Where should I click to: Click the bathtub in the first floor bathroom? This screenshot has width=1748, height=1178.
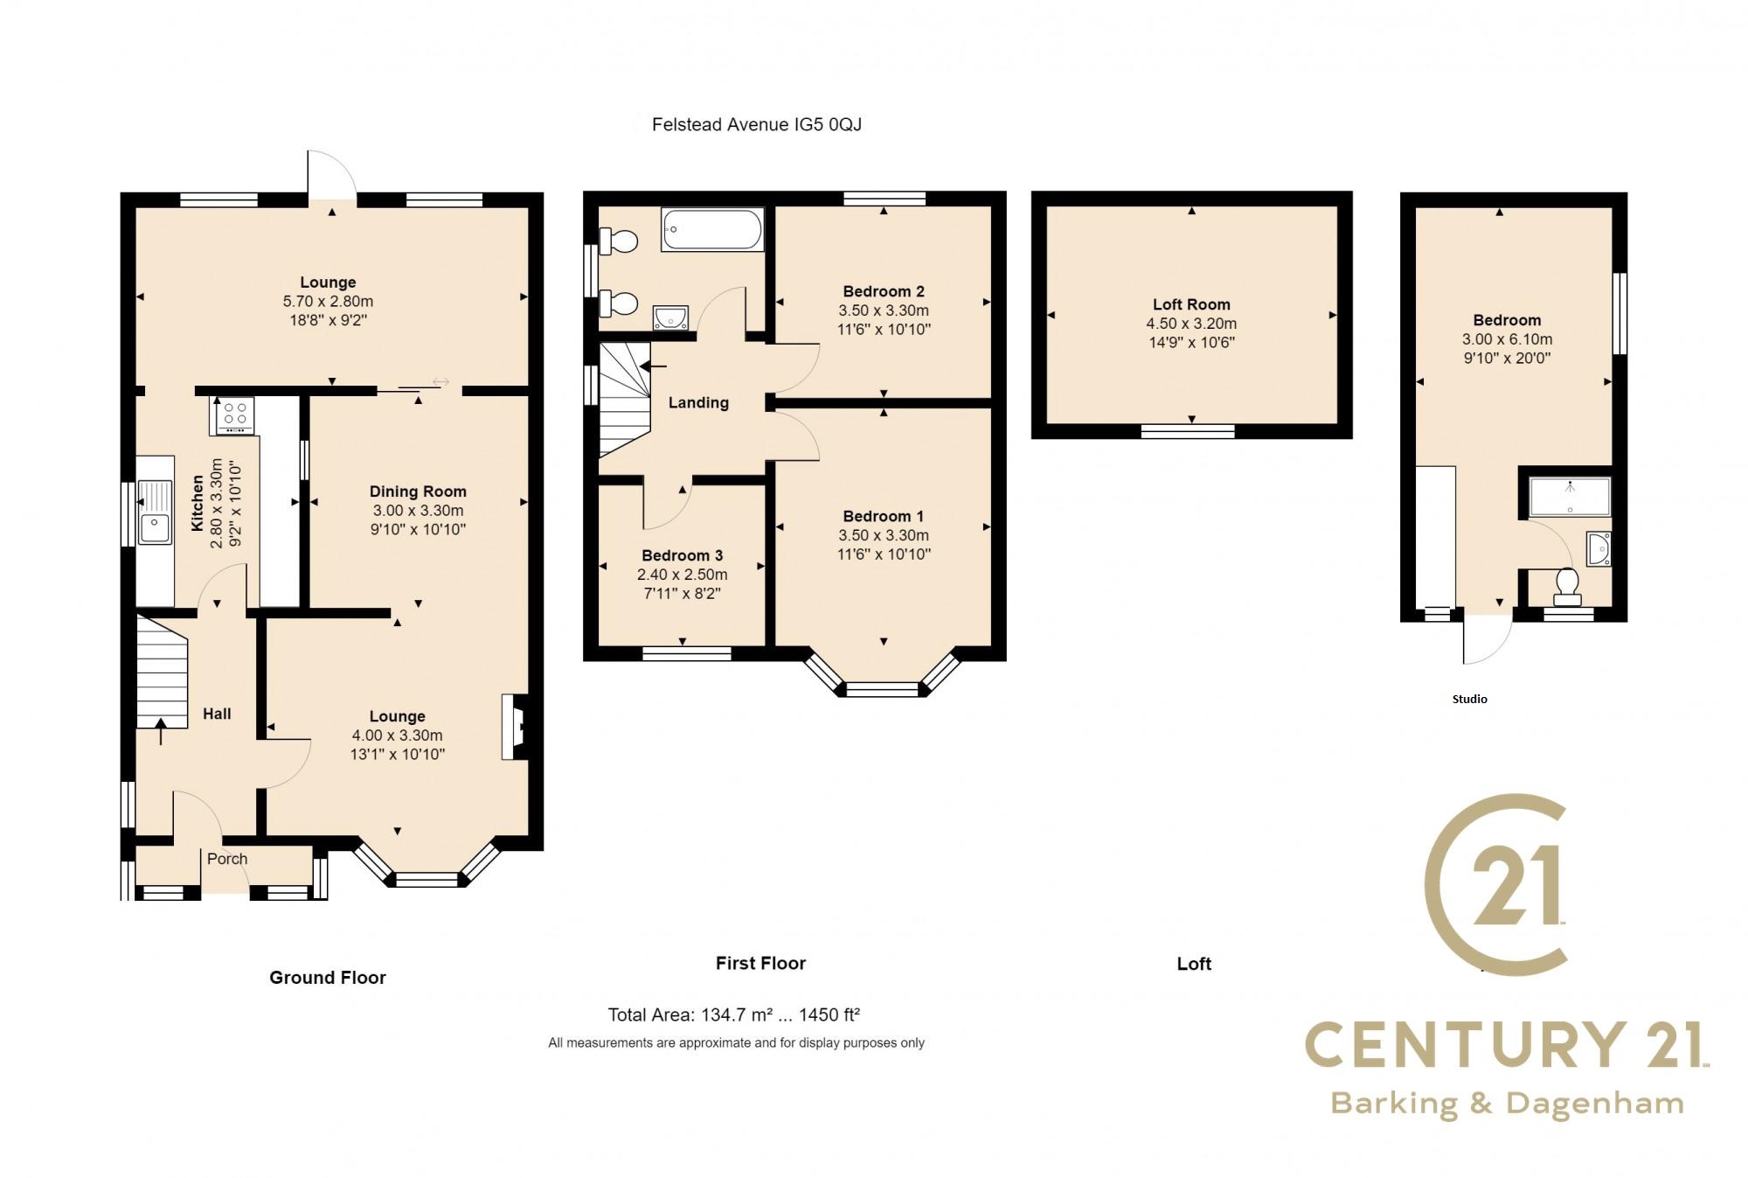712,230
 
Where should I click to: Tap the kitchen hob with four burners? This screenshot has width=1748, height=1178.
232,415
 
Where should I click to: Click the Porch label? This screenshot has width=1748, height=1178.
227,859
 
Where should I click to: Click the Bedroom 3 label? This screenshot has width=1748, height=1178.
682,555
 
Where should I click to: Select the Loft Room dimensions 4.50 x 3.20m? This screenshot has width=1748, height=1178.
1191,324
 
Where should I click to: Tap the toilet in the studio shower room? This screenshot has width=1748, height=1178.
1566,585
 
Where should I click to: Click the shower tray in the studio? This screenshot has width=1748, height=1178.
1570,496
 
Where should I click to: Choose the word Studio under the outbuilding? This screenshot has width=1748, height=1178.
1469,699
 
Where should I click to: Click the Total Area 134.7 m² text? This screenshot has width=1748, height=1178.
734,1015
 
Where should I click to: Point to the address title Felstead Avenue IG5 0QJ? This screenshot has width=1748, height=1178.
756,125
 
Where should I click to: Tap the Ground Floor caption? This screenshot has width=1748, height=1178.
327,978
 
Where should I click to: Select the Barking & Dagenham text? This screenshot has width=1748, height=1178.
1507,1104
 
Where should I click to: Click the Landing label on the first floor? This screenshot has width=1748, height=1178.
698,403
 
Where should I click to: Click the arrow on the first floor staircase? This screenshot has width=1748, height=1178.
651,366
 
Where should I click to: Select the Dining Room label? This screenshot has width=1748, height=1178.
418,491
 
